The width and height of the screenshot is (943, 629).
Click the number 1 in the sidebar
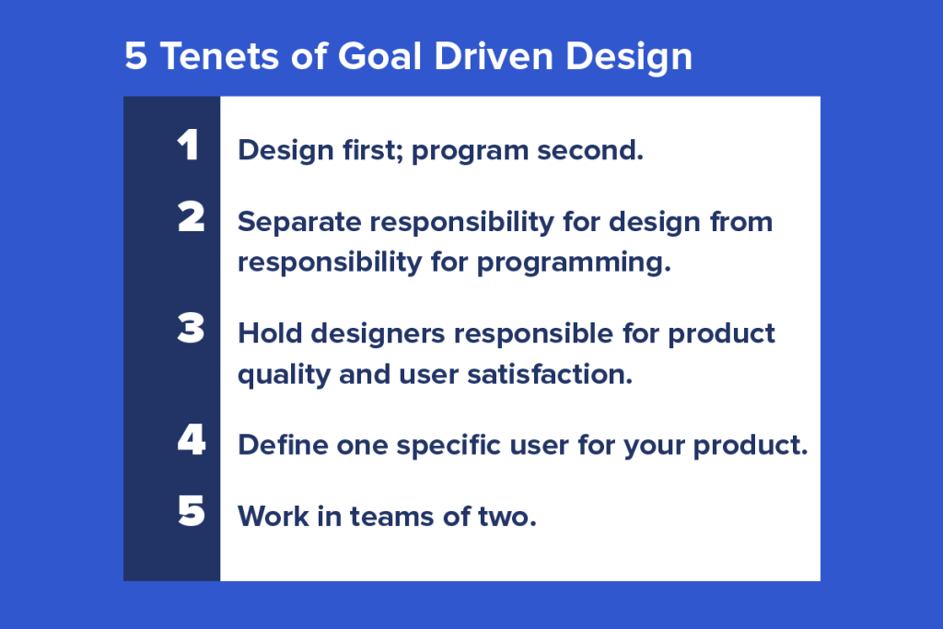click(x=189, y=145)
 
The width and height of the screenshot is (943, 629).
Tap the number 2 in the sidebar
click(x=191, y=217)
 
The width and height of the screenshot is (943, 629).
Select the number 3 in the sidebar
click(x=191, y=329)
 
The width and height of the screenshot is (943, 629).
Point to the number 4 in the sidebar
click(x=191, y=440)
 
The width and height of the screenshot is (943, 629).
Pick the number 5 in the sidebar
click(x=191, y=511)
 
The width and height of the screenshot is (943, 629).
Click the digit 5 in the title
click(x=135, y=57)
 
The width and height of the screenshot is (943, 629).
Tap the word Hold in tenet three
click(x=266, y=332)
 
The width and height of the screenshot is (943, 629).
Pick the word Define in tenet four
click(x=277, y=445)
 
